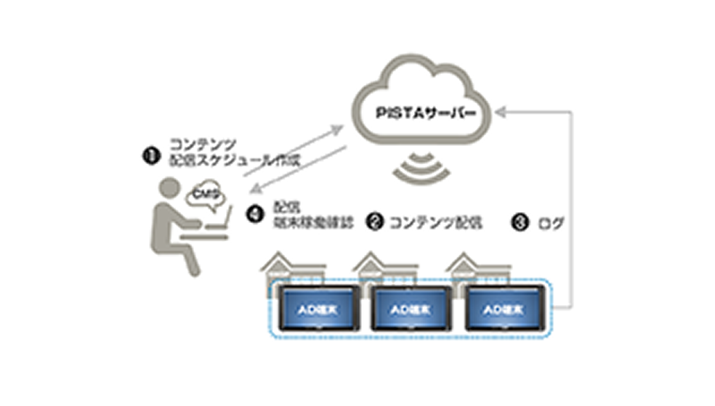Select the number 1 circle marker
150,154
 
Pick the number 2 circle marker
374,219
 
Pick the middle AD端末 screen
412,309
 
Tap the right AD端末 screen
506,309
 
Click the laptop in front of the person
218,222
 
